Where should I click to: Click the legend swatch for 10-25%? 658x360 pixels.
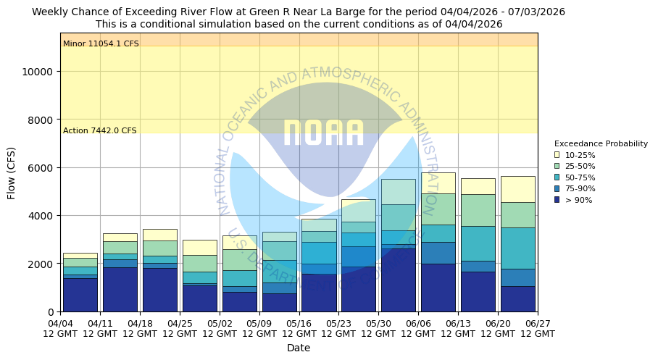pyautogui.click(x=557, y=155)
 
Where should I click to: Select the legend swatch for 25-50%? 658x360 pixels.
pyautogui.click(x=557, y=166)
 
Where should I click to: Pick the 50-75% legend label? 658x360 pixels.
pyautogui.click(x=580, y=177)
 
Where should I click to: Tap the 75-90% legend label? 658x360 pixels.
pyautogui.click(x=580, y=188)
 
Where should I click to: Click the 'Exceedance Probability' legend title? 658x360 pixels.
pyautogui.click(x=601, y=143)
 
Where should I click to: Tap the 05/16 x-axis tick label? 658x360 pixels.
pyautogui.click(x=299, y=328)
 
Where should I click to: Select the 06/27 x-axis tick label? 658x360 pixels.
pyautogui.click(x=538, y=328)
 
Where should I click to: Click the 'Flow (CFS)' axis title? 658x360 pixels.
pyautogui.click(x=12, y=172)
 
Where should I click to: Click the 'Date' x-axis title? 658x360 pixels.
pyautogui.click(x=299, y=348)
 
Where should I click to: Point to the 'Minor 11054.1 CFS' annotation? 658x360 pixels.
pyautogui.click(x=101, y=44)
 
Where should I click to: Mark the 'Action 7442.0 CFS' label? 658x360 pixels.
pyautogui.click(x=99, y=131)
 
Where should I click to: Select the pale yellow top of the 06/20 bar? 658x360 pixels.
pyautogui.click(x=517, y=189)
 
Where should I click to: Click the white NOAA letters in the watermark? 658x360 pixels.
pyautogui.click(x=323, y=133)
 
